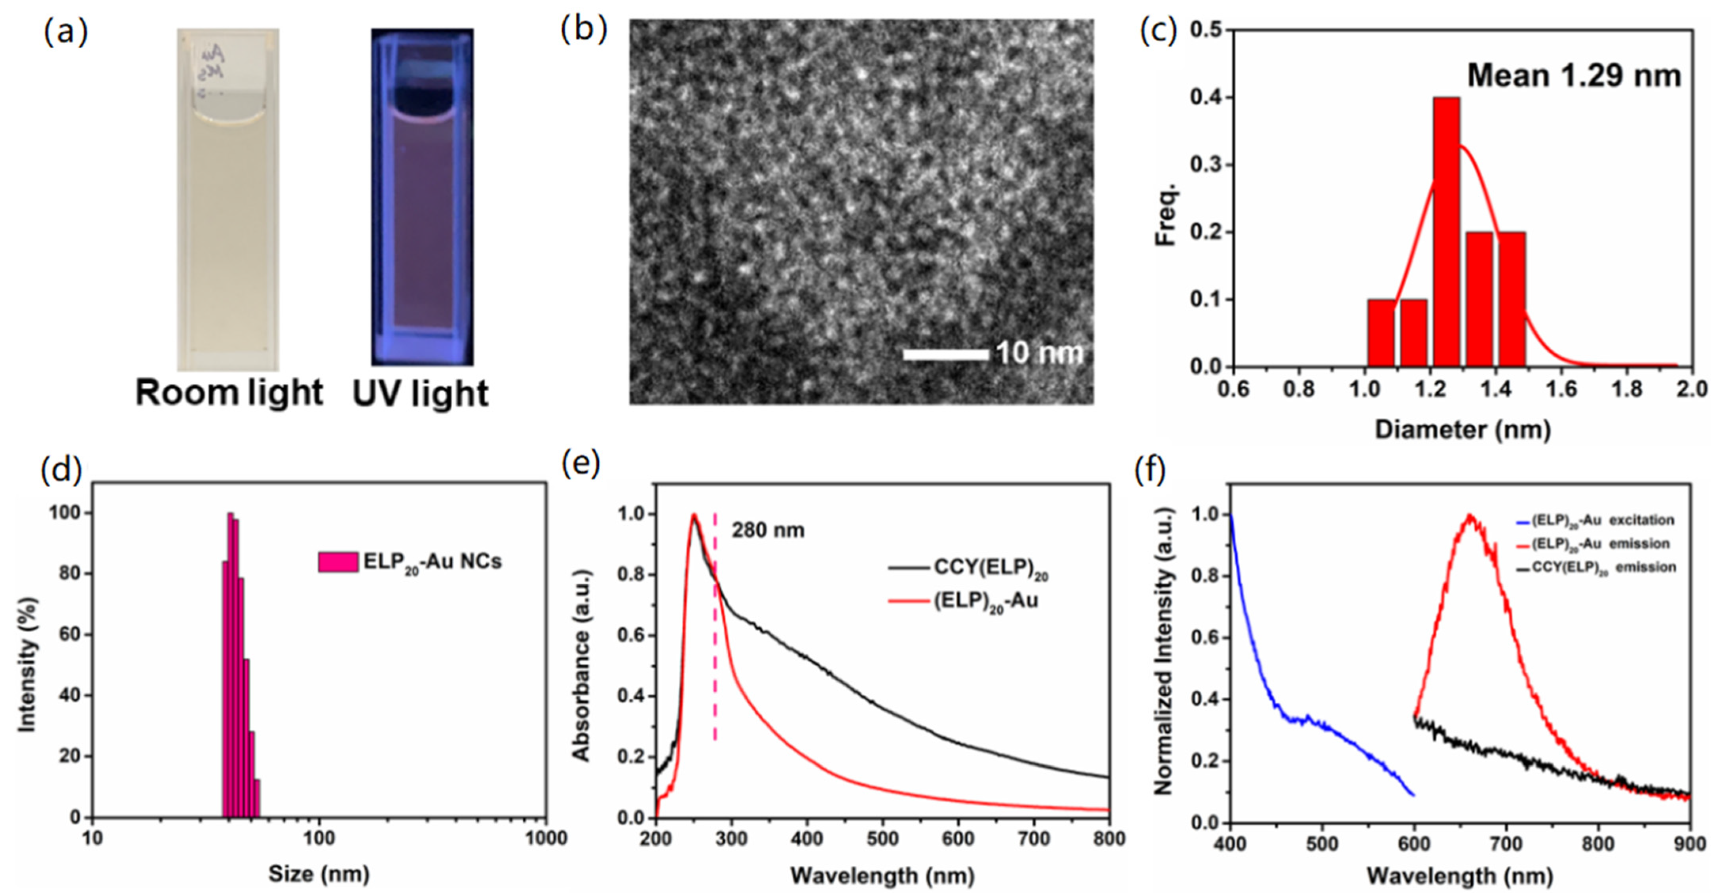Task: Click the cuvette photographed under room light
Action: pyautogui.click(x=228, y=200)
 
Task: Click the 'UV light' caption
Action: pyautogui.click(x=420, y=393)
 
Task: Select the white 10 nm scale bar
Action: pyautogui.click(x=945, y=354)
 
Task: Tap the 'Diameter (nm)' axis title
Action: pyautogui.click(x=1463, y=429)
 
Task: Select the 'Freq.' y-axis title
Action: pyautogui.click(x=1167, y=213)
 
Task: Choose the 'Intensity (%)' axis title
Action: pyautogui.click(x=27, y=664)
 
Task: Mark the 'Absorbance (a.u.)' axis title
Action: pyautogui.click(x=581, y=665)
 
